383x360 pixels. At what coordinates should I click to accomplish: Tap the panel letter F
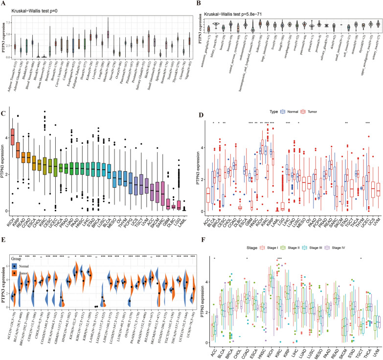(x=196, y=239)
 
